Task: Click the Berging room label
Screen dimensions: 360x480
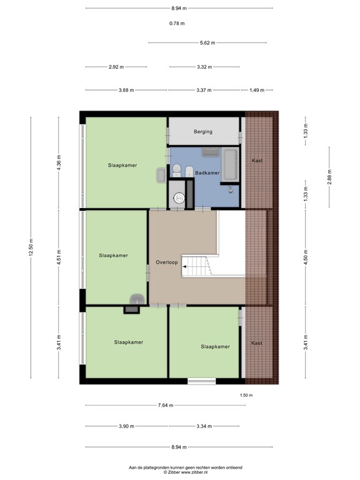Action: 203,132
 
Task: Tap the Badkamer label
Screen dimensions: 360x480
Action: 207,172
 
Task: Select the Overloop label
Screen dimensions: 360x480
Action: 166,262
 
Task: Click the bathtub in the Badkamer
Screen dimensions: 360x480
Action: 230,165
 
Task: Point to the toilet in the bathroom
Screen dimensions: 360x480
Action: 177,170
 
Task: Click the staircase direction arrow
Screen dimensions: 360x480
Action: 184,267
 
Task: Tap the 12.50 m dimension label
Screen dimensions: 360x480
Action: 31,247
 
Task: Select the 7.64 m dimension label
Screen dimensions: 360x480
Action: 166,405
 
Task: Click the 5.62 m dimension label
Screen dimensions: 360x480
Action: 207,43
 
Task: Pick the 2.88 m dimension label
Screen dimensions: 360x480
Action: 329,177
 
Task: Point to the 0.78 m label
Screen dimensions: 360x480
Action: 177,23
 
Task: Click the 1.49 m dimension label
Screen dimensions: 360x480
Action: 256,90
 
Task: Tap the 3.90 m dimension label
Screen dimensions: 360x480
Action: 127,426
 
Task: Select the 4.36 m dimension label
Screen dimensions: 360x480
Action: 59,162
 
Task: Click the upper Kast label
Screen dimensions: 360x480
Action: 257,161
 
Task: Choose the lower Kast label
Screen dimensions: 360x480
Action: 257,343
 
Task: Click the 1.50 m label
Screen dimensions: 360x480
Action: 246,395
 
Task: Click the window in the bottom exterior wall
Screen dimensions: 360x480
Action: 202,381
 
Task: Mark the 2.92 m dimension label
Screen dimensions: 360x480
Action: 116,67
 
